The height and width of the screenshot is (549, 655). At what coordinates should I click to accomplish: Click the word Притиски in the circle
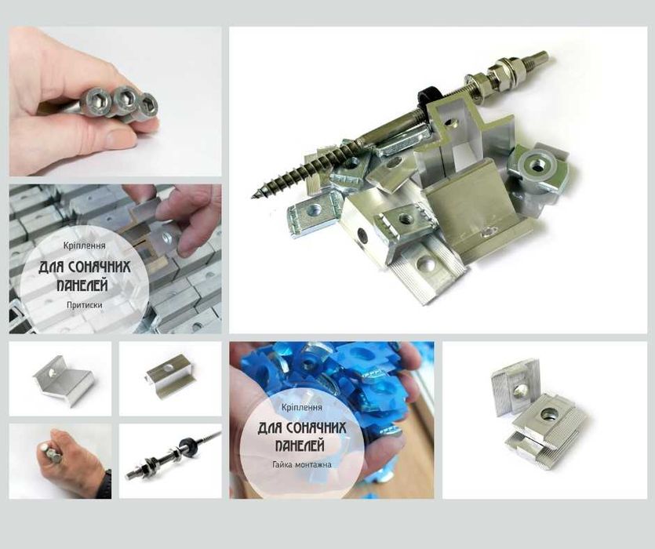click(x=85, y=305)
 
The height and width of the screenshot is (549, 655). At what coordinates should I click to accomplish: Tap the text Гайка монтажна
click(x=302, y=464)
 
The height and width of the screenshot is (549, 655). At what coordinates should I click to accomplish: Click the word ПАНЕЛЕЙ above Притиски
click(x=82, y=285)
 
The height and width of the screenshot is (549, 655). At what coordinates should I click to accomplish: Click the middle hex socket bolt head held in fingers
click(x=124, y=98)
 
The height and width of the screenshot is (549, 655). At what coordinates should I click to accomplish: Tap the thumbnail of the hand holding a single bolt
click(x=60, y=461)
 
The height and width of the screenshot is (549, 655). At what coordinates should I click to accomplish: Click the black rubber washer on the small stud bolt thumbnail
click(x=184, y=444)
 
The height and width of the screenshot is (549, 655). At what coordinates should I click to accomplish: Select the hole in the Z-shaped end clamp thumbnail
click(x=52, y=372)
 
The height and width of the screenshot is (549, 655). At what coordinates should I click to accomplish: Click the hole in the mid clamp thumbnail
click(x=168, y=368)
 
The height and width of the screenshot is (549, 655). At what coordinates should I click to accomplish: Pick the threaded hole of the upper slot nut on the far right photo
click(x=521, y=391)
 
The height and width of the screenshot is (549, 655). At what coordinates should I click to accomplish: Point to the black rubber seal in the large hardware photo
click(x=426, y=98)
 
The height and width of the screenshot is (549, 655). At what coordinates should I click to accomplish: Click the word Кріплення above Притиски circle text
click(x=85, y=245)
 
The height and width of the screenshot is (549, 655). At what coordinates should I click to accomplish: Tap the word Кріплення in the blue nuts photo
click(x=302, y=406)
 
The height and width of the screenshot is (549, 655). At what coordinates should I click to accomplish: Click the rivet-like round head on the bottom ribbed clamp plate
click(x=429, y=263)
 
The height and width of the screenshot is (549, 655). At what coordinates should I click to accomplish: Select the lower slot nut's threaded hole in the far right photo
click(x=548, y=414)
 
